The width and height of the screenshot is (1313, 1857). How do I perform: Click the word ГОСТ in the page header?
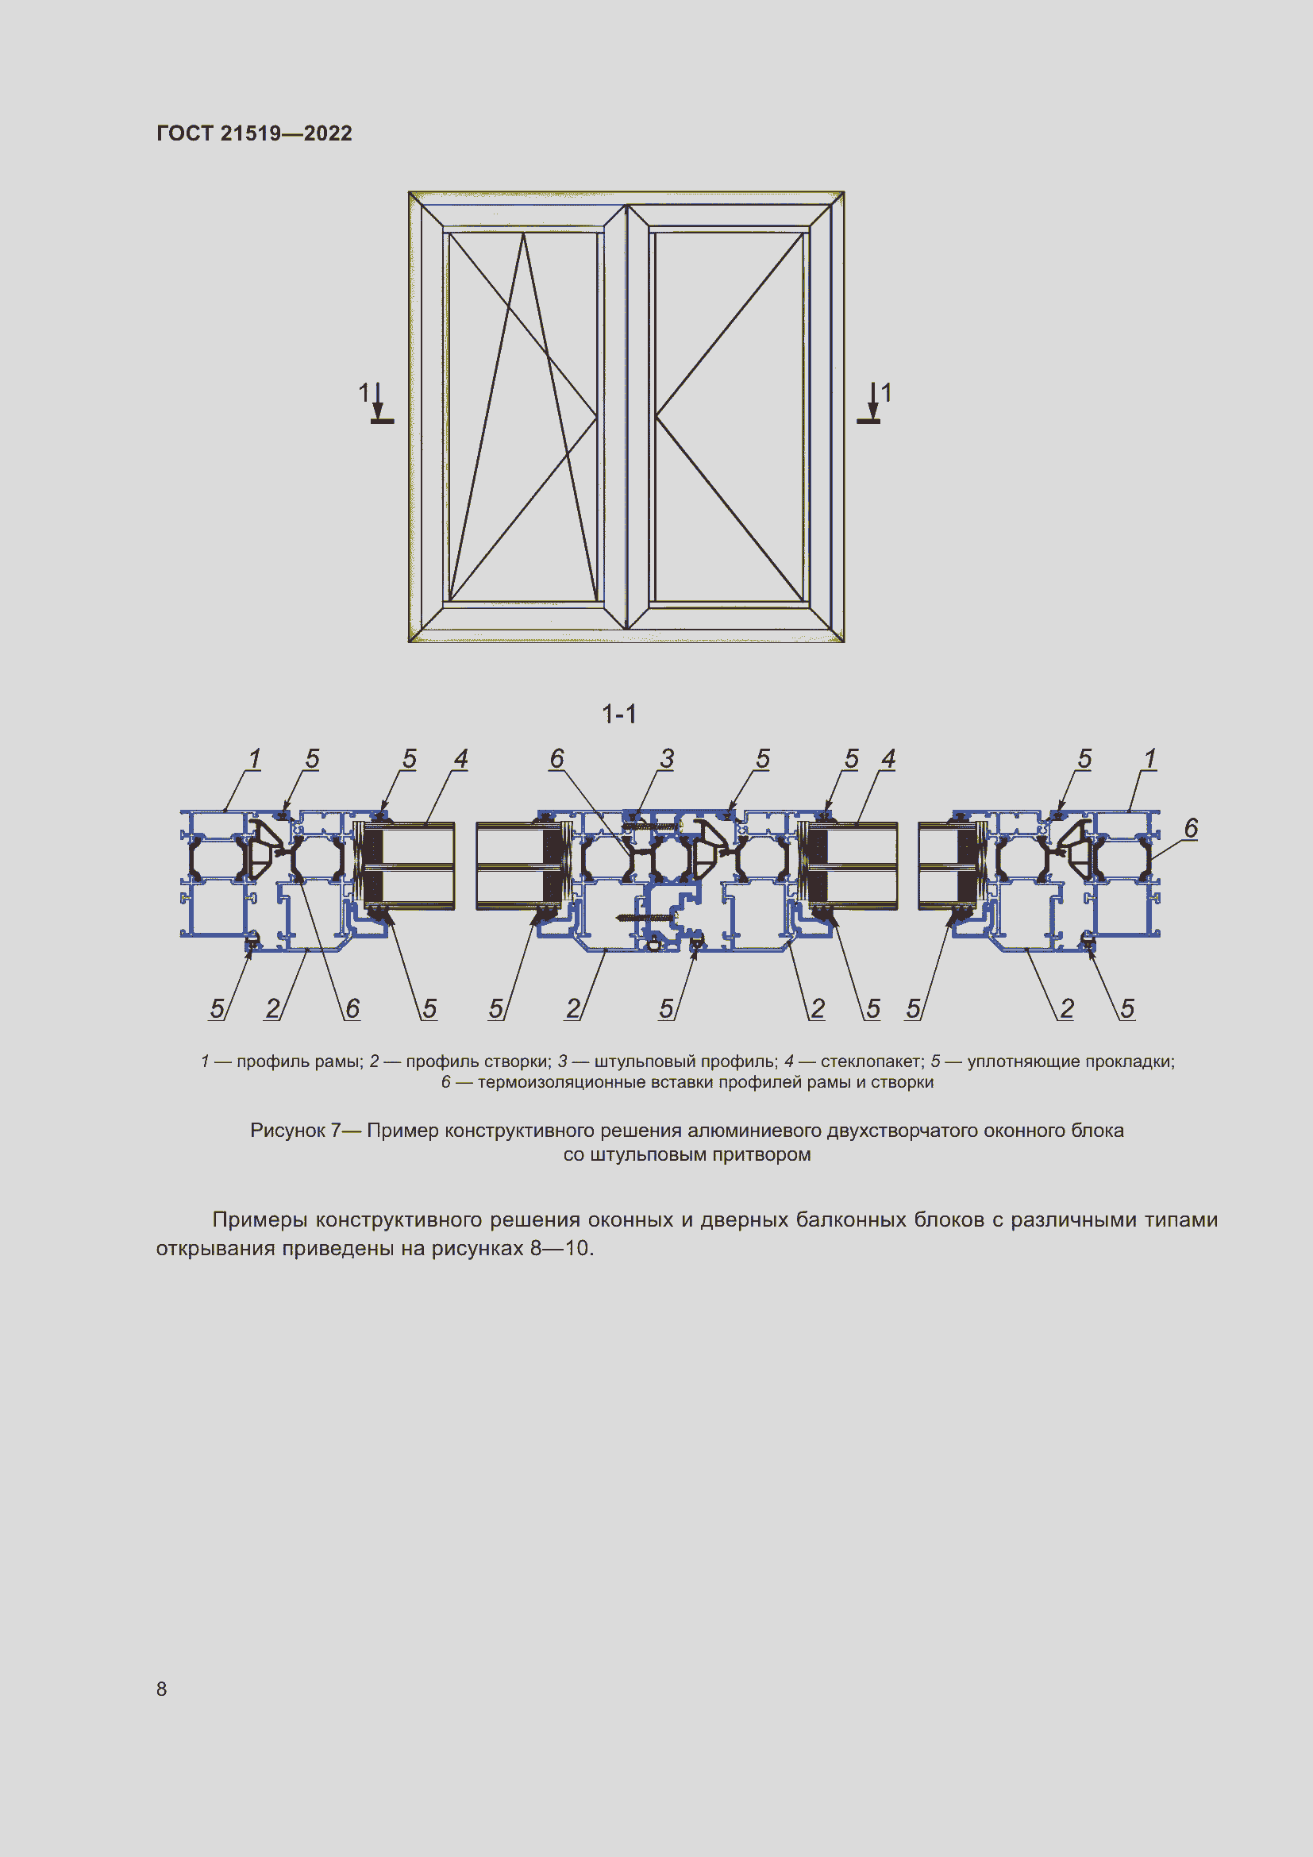click(184, 133)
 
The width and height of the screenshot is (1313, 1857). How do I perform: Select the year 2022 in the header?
click(329, 133)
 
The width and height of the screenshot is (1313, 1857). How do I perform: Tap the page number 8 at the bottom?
click(162, 1689)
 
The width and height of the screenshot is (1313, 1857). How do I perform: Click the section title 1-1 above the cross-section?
click(619, 715)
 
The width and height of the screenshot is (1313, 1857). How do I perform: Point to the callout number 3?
click(667, 759)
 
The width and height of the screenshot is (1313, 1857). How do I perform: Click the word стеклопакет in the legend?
click(872, 1061)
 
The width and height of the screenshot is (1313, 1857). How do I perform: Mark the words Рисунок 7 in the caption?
click(296, 1131)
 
